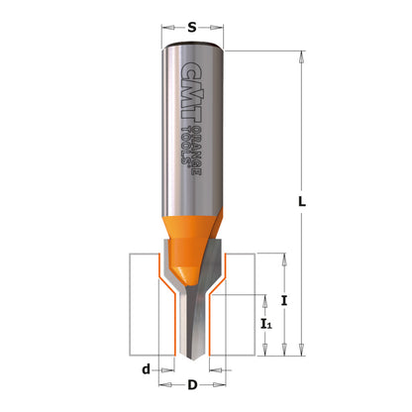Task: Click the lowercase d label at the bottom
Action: click(146, 369)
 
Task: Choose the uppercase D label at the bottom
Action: click(194, 385)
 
